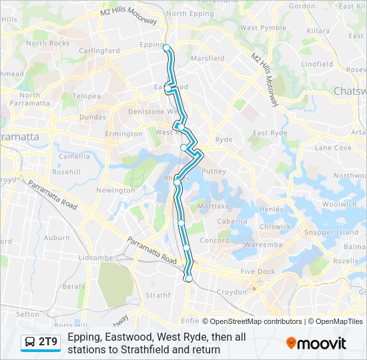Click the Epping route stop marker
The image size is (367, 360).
click(167, 47)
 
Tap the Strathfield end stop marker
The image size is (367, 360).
click(189, 279)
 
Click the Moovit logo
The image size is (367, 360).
click(316, 343)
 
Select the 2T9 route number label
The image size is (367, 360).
click(48, 343)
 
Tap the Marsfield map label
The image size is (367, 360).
click(208, 59)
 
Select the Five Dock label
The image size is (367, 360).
click(258, 272)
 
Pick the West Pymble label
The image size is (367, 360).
click(258, 28)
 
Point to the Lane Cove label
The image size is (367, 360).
click(332, 148)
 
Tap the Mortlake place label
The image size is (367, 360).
click(214, 207)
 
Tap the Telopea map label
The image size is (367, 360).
click(87, 96)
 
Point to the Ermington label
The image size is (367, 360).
click(123, 134)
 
